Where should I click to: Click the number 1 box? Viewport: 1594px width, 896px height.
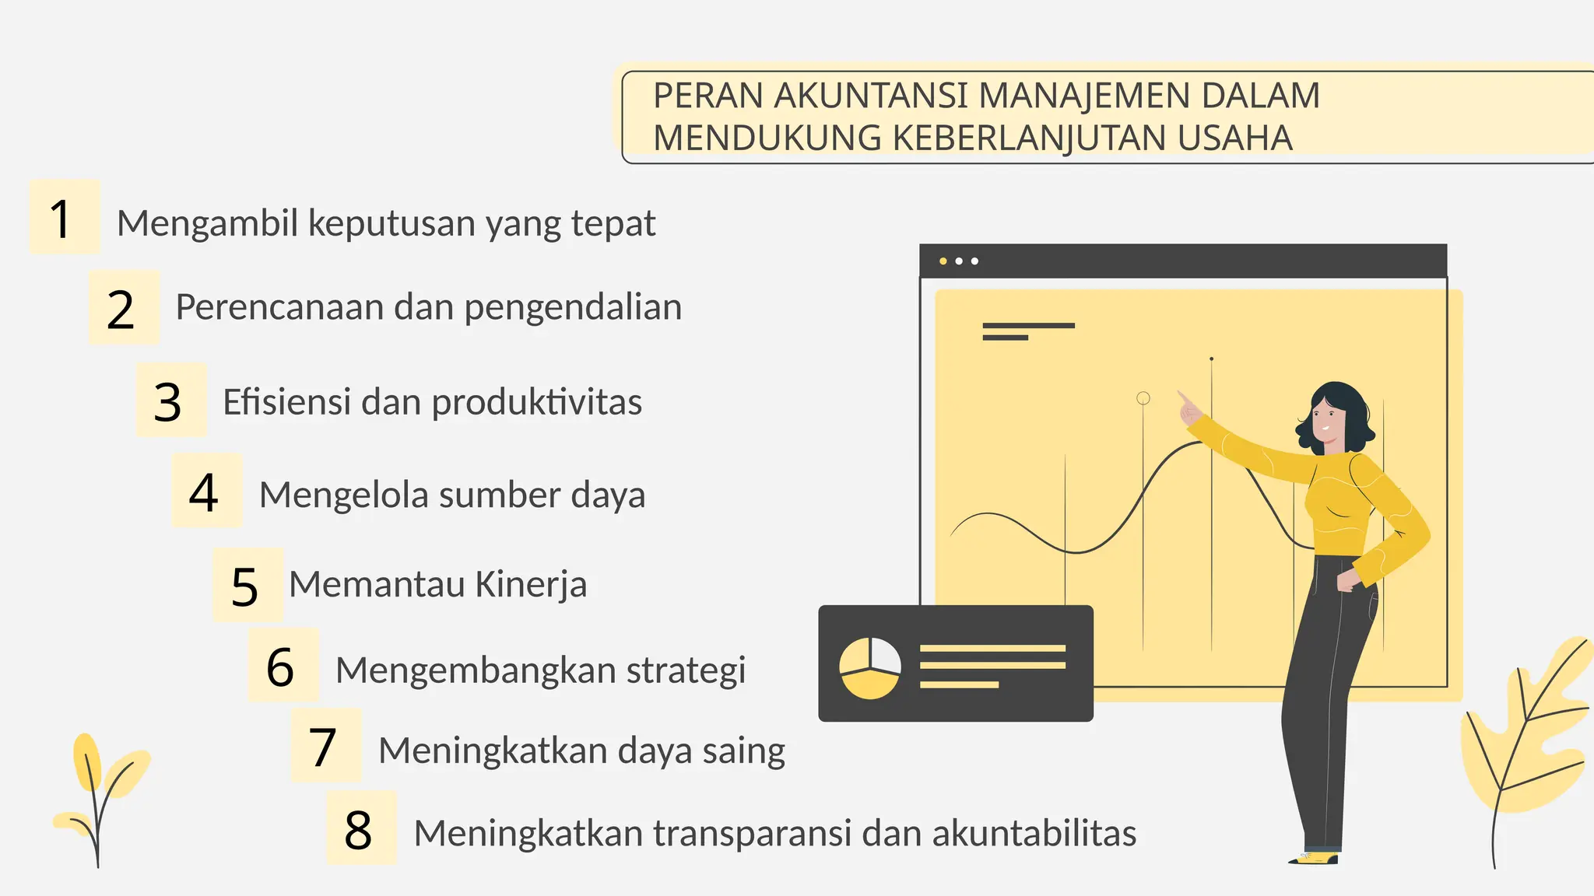point(64,217)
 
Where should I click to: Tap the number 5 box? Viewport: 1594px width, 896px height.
point(248,585)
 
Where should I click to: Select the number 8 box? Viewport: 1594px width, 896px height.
point(361,828)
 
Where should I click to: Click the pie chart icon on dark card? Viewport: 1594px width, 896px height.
point(870,668)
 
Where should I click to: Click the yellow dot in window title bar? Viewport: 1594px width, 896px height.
point(943,261)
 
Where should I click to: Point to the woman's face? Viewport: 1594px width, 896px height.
point(1326,421)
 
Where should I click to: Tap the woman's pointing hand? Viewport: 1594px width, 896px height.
point(1188,407)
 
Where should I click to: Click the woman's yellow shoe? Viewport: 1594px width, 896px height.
point(1315,858)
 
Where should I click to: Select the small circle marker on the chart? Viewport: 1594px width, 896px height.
point(1143,398)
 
